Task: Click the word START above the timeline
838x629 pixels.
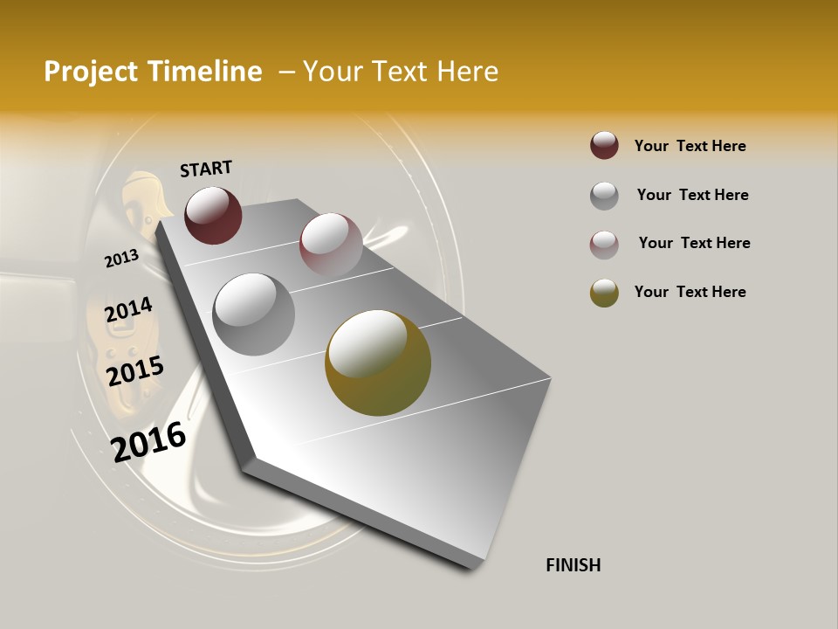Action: click(206, 169)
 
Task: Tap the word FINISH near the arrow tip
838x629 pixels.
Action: click(573, 565)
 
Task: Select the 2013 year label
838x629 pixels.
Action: click(121, 258)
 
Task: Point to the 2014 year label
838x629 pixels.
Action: click(128, 310)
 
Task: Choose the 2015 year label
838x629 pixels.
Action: click(135, 371)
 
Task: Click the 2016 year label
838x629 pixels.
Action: click(149, 441)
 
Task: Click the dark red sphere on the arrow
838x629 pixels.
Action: click(213, 215)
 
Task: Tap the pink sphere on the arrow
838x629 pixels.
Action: click(331, 244)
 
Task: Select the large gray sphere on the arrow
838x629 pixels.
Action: click(253, 314)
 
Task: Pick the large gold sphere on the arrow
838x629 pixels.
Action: click(378, 363)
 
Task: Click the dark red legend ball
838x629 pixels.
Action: click(604, 146)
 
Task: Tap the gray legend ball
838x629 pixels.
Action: click(604, 196)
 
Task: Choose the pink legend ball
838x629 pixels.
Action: click(604, 245)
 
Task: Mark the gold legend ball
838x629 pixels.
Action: click(604, 293)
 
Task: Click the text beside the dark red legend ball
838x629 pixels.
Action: click(690, 146)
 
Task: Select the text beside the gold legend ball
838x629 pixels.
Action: click(690, 292)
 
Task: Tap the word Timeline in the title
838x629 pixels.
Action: click(206, 72)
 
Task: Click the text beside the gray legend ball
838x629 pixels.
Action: click(692, 195)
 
